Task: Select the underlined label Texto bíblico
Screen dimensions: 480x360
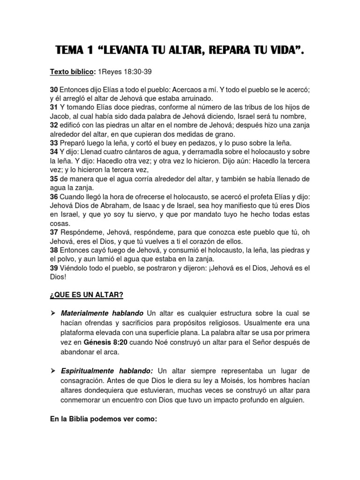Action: (73, 72)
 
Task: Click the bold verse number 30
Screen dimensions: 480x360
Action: (54, 89)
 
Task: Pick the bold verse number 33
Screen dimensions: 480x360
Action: (54, 142)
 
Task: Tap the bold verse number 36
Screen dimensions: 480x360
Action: (54, 197)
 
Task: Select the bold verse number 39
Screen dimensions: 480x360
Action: (54, 268)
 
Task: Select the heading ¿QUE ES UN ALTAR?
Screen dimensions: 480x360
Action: (87, 294)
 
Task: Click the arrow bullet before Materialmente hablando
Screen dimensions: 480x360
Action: (53, 313)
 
